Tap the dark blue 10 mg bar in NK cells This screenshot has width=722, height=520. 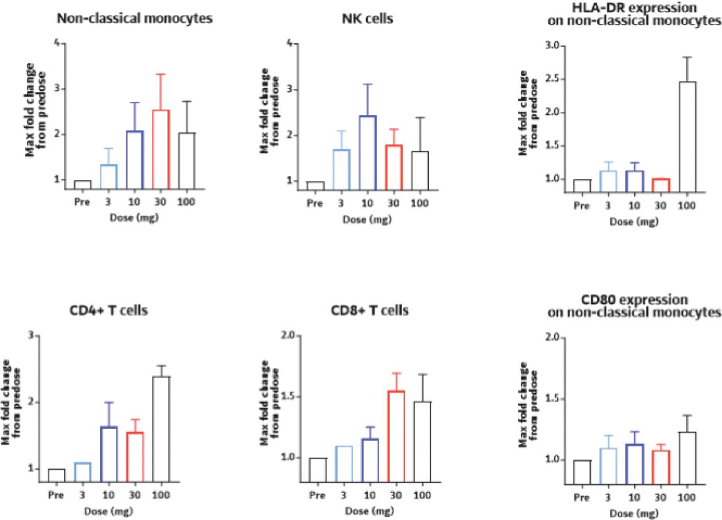click(367, 151)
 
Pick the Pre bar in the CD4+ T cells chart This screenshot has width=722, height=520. click(57, 475)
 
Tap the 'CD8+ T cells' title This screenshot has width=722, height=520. click(370, 310)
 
